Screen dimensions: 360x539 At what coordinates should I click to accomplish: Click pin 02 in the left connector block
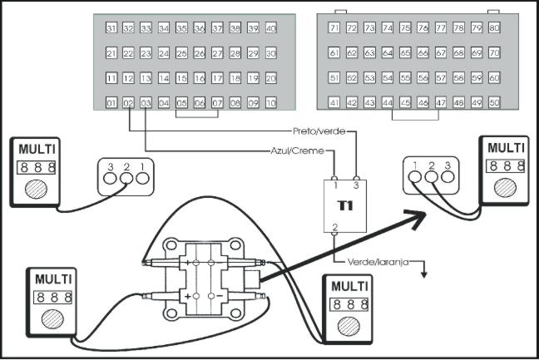[x=128, y=104]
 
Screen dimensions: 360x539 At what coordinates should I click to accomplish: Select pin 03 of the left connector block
[x=146, y=104]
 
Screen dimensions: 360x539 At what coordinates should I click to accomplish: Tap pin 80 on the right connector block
[x=493, y=28]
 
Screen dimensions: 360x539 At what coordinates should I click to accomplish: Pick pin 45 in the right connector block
[x=405, y=103]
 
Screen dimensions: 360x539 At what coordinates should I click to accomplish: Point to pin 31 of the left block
[x=111, y=28]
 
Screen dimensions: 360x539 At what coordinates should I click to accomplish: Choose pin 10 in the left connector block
[x=270, y=104]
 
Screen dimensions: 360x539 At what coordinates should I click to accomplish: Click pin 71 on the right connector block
[x=334, y=28]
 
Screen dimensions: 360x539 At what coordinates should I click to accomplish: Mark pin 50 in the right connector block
[x=493, y=103]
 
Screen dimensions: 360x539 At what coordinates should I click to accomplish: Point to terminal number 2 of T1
[x=334, y=226]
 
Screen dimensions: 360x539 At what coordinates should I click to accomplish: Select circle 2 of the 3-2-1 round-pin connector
[x=126, y=179]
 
